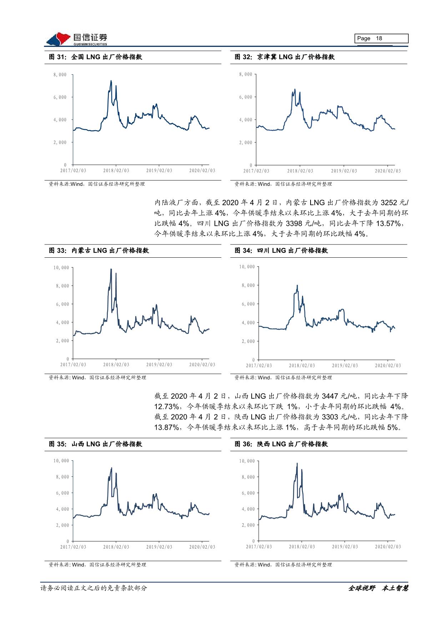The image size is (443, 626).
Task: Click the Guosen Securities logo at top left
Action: [x=76, y=39]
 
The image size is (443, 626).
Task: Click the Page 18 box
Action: [x=381, y=39]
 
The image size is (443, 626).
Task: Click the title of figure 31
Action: [x=95, y=57]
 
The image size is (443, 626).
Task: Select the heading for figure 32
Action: [x=285, y=57]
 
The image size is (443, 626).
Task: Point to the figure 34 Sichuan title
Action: [x=281, y=251]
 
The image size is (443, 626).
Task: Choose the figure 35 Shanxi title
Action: [x=95, y=444]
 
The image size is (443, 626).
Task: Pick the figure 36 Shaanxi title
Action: [x=281, y=444]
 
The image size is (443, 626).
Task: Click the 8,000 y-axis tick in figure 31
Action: [x=60, y=75]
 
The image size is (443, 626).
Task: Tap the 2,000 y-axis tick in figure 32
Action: [x=246, y=142]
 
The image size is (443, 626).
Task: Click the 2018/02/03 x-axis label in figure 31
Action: [x=116, y=171]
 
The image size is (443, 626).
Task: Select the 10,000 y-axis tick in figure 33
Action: [x=61, y=268]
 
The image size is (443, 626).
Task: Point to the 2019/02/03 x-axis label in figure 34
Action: [x=345, y=365]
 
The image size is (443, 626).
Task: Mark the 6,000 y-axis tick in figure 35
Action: [x=62, y=493]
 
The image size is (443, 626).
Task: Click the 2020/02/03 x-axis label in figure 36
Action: [x=388, y=547]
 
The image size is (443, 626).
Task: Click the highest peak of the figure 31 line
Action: [x=111, y=81]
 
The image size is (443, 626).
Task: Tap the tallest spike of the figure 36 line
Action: [x=297, y=463]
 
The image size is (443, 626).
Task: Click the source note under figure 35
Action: [x=97, y=565]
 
